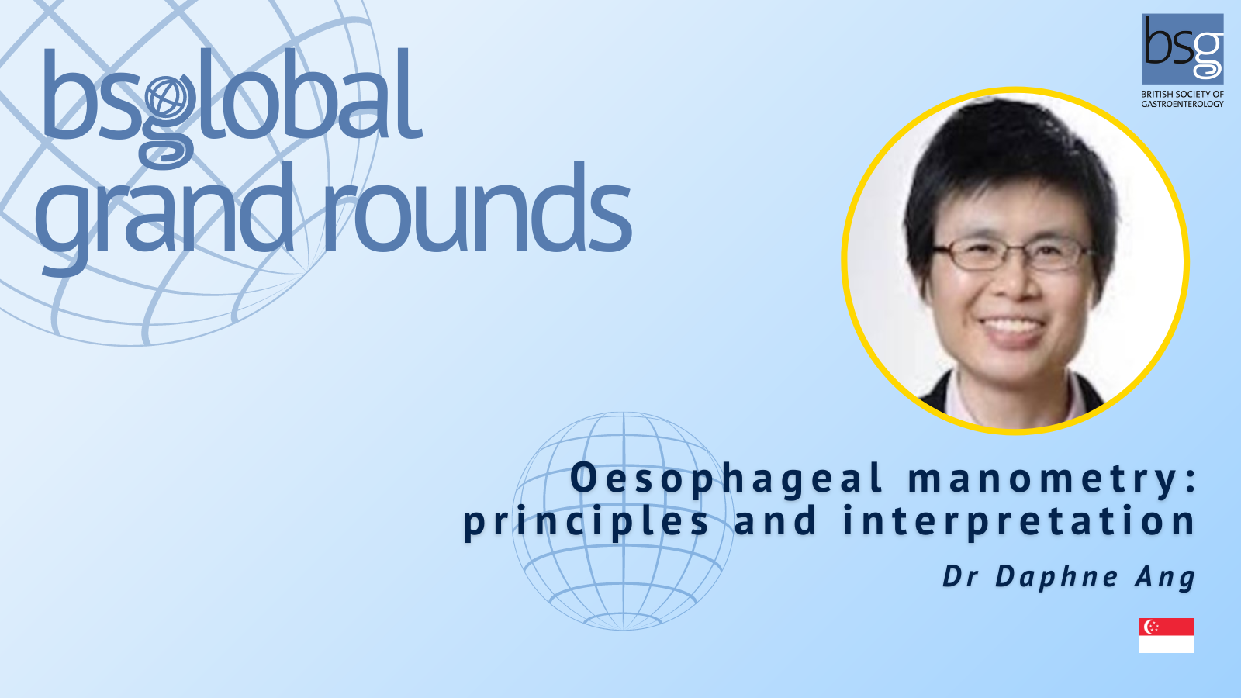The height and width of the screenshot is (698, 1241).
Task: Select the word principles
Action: pyautogui.click(x=586, y=523)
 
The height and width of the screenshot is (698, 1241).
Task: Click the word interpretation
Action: pyautogui.click(x=1019, y=523)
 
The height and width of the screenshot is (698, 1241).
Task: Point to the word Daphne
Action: pyautogui.click(x=1057, y=578)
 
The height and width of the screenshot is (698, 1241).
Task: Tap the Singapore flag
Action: pyautogui.click(x=1167, y=635)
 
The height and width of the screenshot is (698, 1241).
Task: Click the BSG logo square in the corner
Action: pyautogui.click(x=1183, y=50)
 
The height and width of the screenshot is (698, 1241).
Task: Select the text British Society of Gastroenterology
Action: pyautogui.click(x=1183, y=99)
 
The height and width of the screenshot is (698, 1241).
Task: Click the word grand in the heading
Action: pyautogui.click(x=164, y=216)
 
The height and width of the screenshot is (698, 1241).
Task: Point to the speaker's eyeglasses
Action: pyautogui.click(x=1012, y=255)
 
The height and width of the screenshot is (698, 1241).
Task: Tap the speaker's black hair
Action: pyautogui.click(x=1008, y=166)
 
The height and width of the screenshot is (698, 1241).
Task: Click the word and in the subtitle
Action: pyautogui.click(x=776, y=521)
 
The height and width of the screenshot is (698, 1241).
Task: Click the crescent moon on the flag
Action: pyautogui.click(x=1150, y=627)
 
